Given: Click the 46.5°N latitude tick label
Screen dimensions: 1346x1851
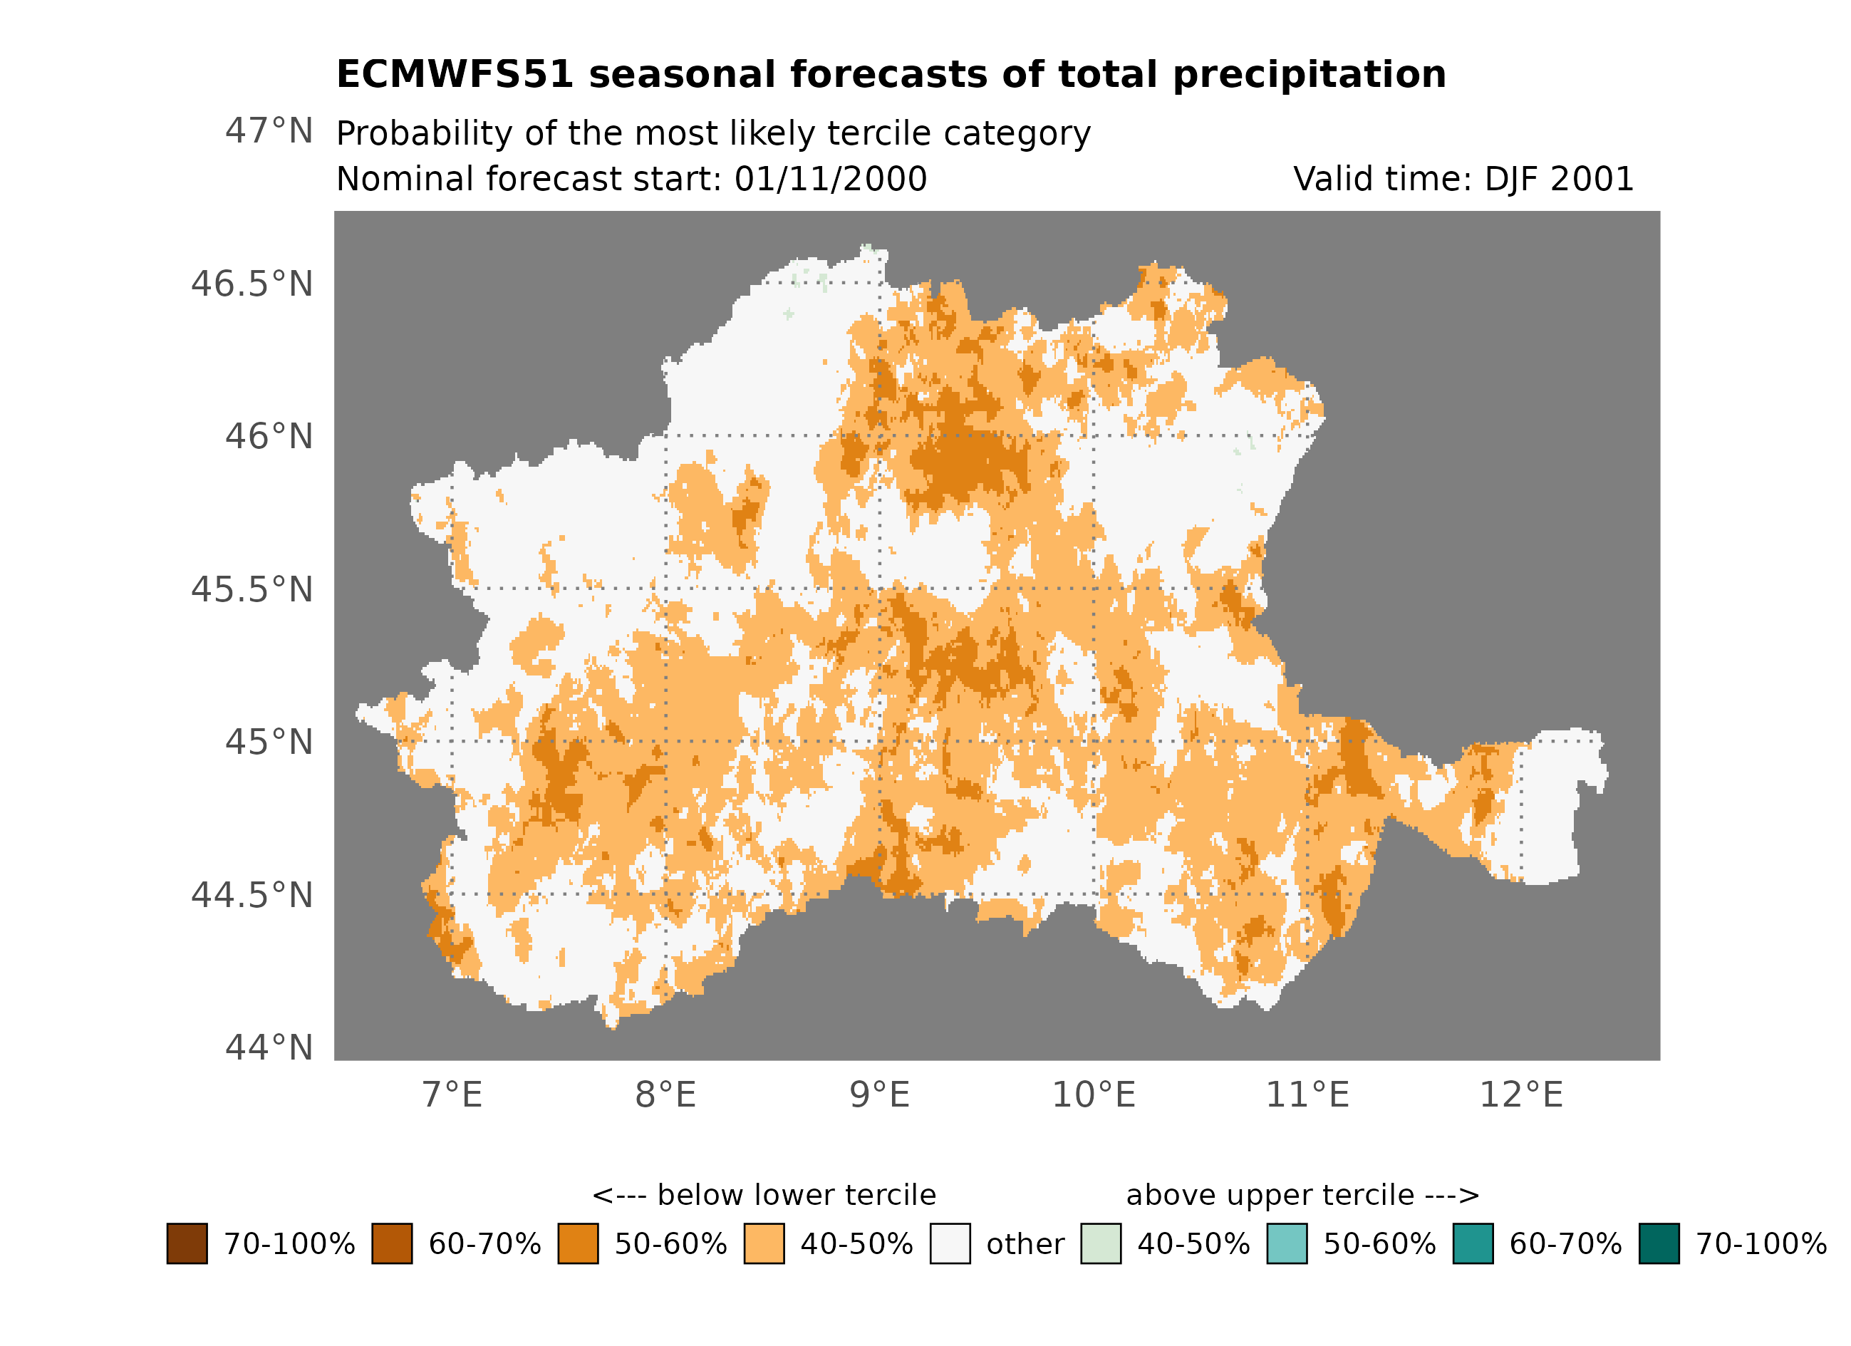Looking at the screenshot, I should point(252,284).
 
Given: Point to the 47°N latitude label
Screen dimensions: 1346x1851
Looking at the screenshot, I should point(269,130).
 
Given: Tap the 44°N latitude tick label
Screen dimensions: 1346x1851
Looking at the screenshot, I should point(269,1047).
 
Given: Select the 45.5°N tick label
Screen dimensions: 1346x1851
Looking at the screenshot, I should point(252,589).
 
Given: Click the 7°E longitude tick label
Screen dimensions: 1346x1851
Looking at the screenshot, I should point(452,1094).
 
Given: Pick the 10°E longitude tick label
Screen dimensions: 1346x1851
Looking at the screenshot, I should point(1094,1094).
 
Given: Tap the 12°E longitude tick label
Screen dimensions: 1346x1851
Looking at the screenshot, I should point(1521,1094).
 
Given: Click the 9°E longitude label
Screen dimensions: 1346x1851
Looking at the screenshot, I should point(880,1094).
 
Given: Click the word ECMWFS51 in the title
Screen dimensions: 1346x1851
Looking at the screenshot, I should point(455,74).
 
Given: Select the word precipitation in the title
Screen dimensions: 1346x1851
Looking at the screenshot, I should point(1309,74).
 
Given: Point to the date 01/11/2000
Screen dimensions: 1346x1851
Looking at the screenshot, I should point(830,179).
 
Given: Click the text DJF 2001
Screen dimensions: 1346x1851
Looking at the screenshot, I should point(1559,179).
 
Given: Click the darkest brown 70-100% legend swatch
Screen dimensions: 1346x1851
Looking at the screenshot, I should point(187,1244).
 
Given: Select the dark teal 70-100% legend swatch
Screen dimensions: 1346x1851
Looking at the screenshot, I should point(1659,1244).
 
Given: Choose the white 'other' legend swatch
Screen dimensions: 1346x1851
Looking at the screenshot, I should point(950,1244).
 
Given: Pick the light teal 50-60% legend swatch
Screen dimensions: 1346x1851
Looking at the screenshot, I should point(1287,1244).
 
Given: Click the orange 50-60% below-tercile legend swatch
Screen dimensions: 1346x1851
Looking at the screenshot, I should point(578,1244).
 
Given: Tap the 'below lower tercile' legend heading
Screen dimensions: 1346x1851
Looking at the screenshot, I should point(764,1195).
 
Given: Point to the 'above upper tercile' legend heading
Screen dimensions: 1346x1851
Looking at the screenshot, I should point(1302,1195).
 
